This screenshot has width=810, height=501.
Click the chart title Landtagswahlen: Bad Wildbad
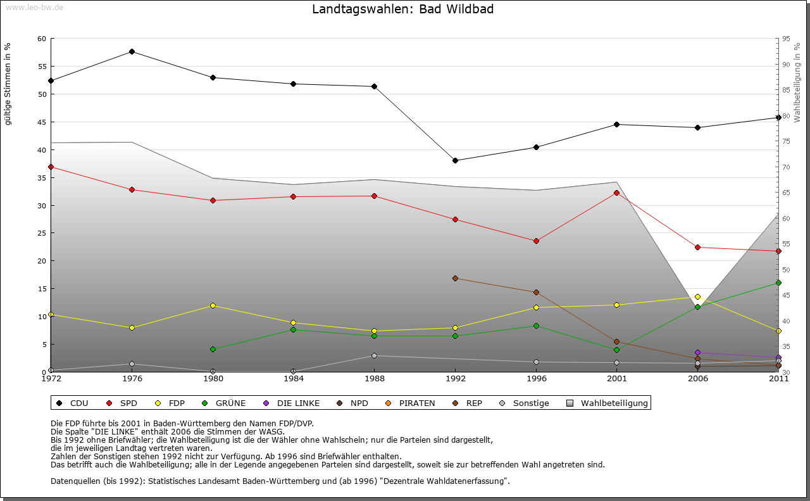[402, 10]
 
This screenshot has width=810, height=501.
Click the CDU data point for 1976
[132, 51]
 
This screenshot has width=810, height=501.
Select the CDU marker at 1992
[455, 160]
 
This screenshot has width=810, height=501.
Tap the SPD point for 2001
[617, 193]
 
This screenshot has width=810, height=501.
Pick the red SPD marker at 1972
[51, 167]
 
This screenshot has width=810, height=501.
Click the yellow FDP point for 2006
[697, 296]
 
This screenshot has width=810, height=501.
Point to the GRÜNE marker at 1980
[213, 349]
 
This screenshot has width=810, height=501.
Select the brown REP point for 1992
[455, 278]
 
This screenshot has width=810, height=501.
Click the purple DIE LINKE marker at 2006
[697, 352]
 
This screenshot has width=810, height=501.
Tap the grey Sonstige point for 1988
[374, 355]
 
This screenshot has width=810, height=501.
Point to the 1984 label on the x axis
[293, 379]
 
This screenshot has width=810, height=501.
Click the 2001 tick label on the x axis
[617, 379]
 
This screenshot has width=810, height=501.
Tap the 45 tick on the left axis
[42, 122]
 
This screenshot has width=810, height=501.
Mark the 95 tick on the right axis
[785, 39]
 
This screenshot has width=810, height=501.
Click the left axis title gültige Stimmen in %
[8, 84]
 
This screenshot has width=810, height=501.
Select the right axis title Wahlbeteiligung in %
[797, 82]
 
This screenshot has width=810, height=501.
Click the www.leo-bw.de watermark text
[34, 7]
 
